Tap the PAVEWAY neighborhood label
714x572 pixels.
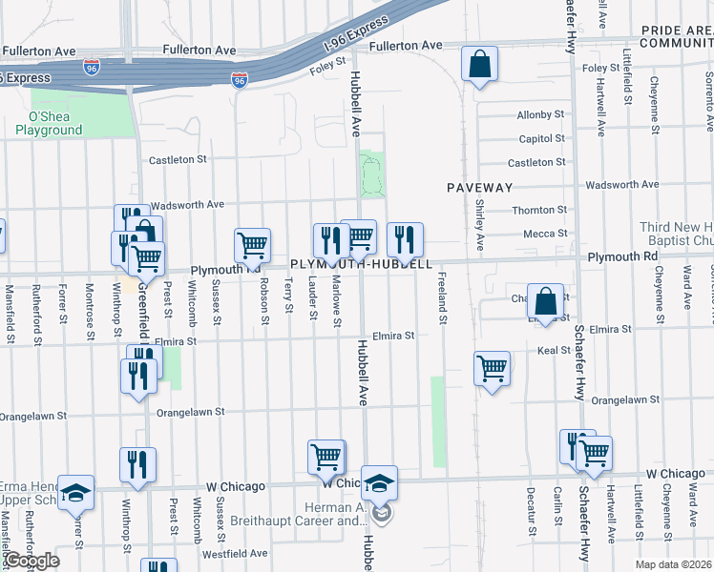pyautogui.click(x=480, y=188)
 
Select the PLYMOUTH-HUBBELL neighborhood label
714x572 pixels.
pyautogui.click(x=362, y=263)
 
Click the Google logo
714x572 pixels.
pyautogui.click(x=31, y=561)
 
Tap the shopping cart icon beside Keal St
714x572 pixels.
pyautogui.click(x=492, y=367)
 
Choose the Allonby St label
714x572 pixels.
pyautogui.click(x=541, y=115)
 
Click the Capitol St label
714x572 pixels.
pyautogui.click(x=542, y=139)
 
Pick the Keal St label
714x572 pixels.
pyautogui.click(x=554, y=351)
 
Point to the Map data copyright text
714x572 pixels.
pyautogui.click(x=673, y=564)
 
